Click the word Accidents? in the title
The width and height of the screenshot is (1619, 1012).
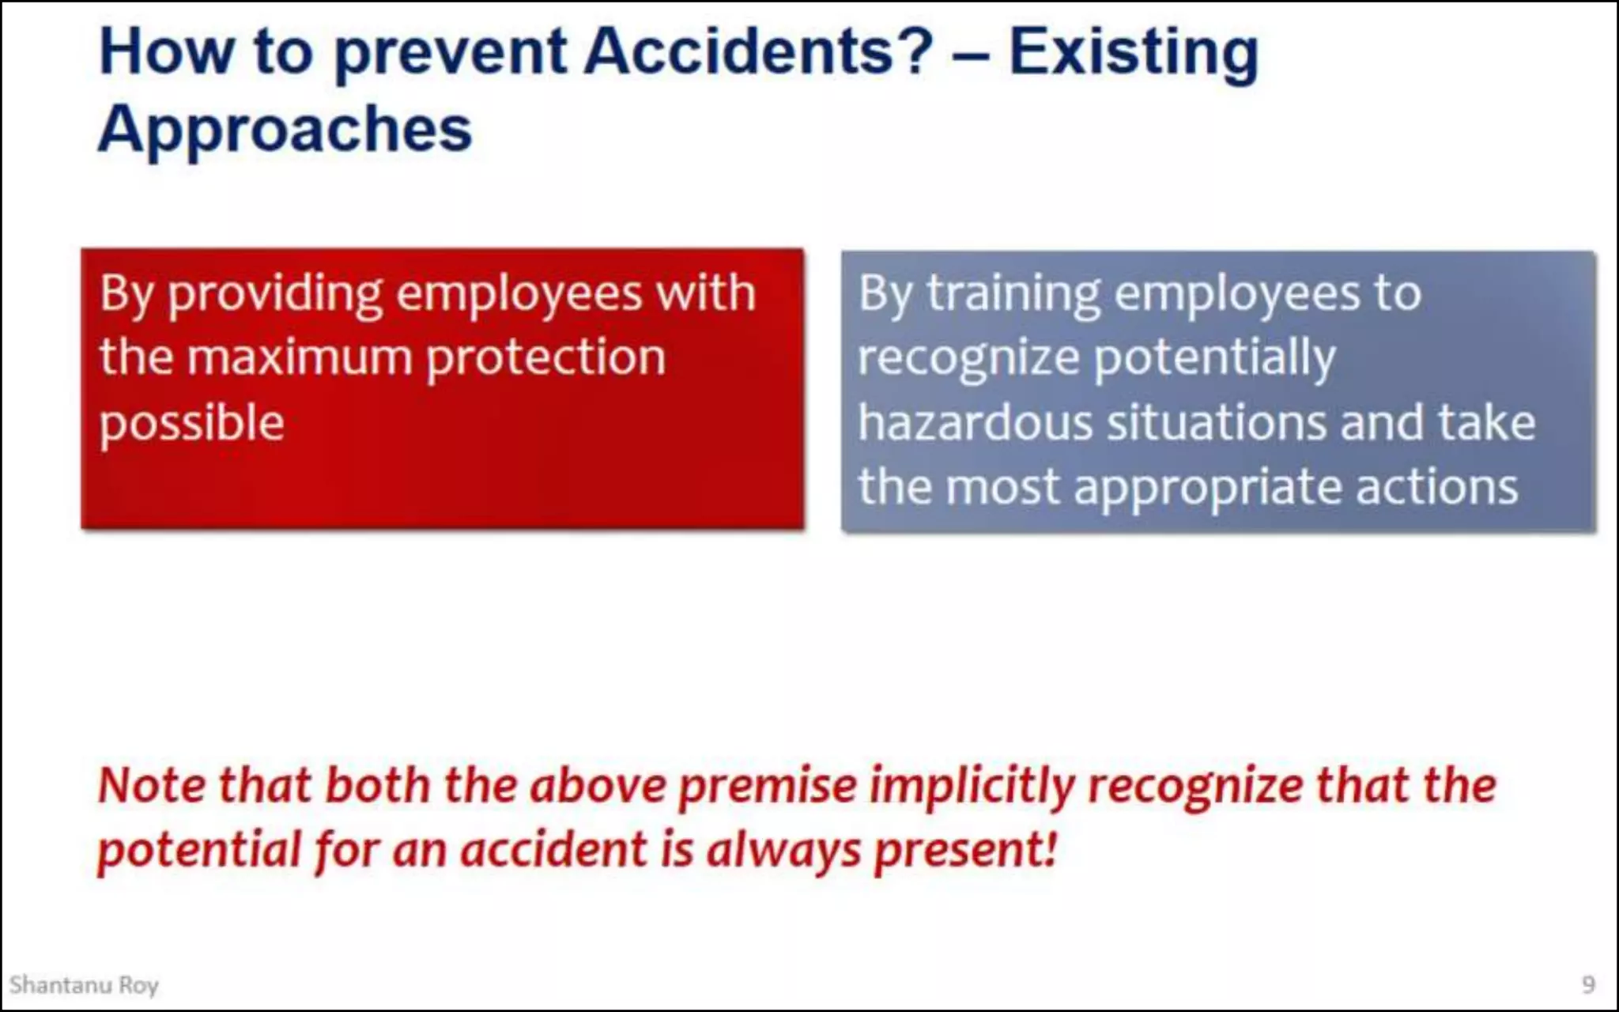(759, 52)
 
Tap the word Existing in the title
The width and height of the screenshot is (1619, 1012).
(1134, 52)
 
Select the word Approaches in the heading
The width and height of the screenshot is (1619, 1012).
(285, 130)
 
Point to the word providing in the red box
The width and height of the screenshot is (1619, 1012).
(275, 295)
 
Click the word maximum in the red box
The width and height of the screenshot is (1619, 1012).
(300, 357)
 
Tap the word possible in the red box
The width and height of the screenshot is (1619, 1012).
(191, 424)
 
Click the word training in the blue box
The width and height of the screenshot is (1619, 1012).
(1013, 295)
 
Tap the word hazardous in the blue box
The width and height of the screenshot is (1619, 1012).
(975, 422)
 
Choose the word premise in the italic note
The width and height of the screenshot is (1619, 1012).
(768, 787)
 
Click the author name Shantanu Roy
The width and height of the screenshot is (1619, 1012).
(84, 985)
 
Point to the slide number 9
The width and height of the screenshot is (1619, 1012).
(1588, 984)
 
